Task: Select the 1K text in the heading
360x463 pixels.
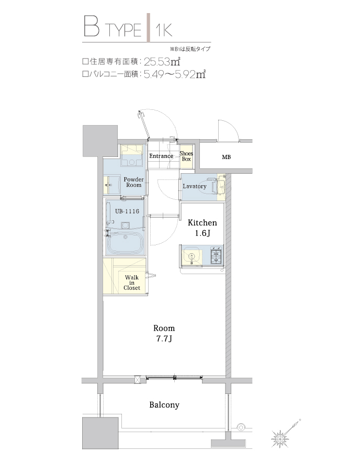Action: click(164, 29)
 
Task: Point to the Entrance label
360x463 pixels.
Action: click(161, 156)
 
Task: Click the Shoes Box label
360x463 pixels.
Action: click(186, 156)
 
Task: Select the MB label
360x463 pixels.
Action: click(226, 157)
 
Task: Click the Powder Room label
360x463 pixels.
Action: click(133, 182)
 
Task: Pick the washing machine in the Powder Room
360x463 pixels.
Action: click(132, 156)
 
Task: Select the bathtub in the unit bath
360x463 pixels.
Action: click(126, 244)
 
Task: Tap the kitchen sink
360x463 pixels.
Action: click(192, 257)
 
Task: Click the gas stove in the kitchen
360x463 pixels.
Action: click(216, 256)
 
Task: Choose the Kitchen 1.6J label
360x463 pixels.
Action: click(202, 228)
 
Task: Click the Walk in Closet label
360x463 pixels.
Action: click(131, 283)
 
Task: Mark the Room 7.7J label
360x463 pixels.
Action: click(164, 333)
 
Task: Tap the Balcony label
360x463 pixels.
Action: click(164, 404)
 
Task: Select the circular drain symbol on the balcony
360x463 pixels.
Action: click(241, 426)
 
